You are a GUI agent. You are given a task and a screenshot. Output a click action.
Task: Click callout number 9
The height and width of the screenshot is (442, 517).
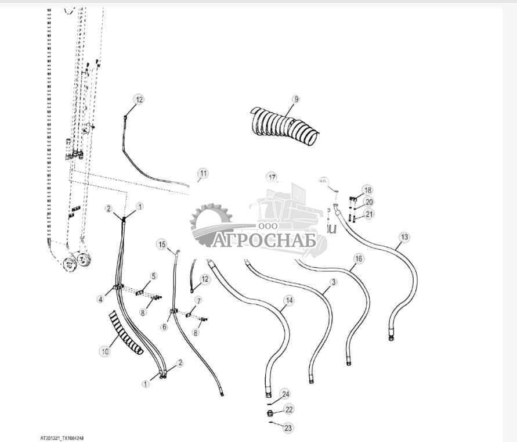(296, 99)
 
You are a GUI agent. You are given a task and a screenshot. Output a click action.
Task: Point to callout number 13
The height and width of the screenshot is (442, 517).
(404, 237)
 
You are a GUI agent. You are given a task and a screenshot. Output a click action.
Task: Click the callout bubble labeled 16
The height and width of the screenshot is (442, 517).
(359, 258)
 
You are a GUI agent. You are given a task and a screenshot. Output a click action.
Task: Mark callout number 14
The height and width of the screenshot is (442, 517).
(288, 300)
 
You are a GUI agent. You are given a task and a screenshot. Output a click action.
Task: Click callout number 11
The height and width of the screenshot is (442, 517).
(203, 173)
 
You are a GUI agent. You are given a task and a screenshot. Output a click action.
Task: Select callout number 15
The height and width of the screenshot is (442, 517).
(162, 245)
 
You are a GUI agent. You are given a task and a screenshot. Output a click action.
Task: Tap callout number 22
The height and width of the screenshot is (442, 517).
(288, 410)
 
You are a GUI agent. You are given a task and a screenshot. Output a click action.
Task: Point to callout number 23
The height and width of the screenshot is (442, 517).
(288, 428)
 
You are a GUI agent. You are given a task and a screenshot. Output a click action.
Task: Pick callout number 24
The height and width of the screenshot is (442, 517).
(285, 394)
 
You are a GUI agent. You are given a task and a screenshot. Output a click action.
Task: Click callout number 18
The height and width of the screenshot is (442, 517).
(367, 190)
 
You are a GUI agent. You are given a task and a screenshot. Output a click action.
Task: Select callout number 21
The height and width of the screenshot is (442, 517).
(370, 214)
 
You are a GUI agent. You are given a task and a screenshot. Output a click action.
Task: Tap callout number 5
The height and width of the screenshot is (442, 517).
(154, 276)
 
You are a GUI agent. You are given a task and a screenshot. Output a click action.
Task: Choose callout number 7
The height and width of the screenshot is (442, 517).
(198, 300)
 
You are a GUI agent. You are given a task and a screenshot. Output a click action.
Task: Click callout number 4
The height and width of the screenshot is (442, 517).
(101, 299)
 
